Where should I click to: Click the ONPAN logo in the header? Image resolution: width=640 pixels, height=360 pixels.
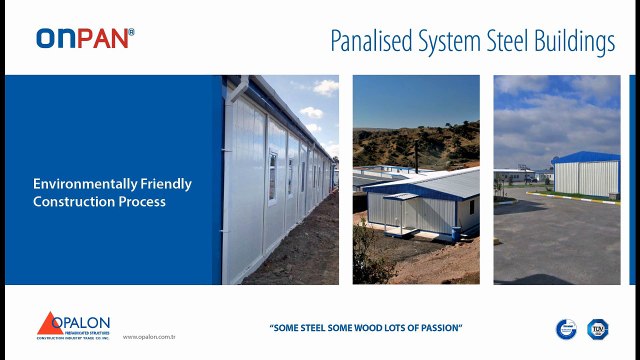coord(84,38)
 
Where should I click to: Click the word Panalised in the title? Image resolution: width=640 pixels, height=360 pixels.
coord(371,41)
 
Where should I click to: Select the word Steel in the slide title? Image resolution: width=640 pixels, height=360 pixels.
coord(504,41)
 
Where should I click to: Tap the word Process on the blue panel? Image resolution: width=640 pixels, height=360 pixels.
coord(143,202)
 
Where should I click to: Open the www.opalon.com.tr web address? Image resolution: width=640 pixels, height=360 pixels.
coord(149,337)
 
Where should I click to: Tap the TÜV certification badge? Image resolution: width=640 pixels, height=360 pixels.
coord(598,329)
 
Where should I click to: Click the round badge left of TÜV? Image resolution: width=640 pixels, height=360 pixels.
coord(566,329)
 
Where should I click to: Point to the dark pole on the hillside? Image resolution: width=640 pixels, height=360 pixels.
coord(416,154)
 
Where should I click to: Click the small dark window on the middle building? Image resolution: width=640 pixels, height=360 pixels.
coord(472,207)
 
